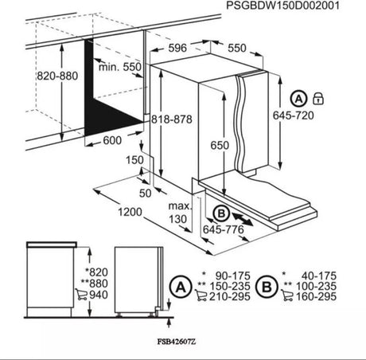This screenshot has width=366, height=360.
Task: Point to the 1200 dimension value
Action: coord(105,212)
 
